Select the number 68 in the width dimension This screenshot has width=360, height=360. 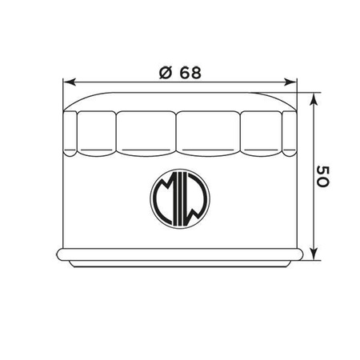pyautogui.click(x=190, y=73)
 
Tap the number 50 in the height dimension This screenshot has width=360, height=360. pyautogui.click(x=323, y=176)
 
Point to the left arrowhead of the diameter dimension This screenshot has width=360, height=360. pyautogui.click(x=70, y=82)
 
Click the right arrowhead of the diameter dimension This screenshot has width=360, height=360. pyautogui.click(x=290, y=82)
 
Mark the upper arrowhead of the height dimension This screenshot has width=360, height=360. pyautogui.click(x=314, y=100)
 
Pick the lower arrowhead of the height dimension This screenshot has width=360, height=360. pyautogui.click(x=314, y=253)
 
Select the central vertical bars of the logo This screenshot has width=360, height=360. pyautogui.click(x=180, y=199)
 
